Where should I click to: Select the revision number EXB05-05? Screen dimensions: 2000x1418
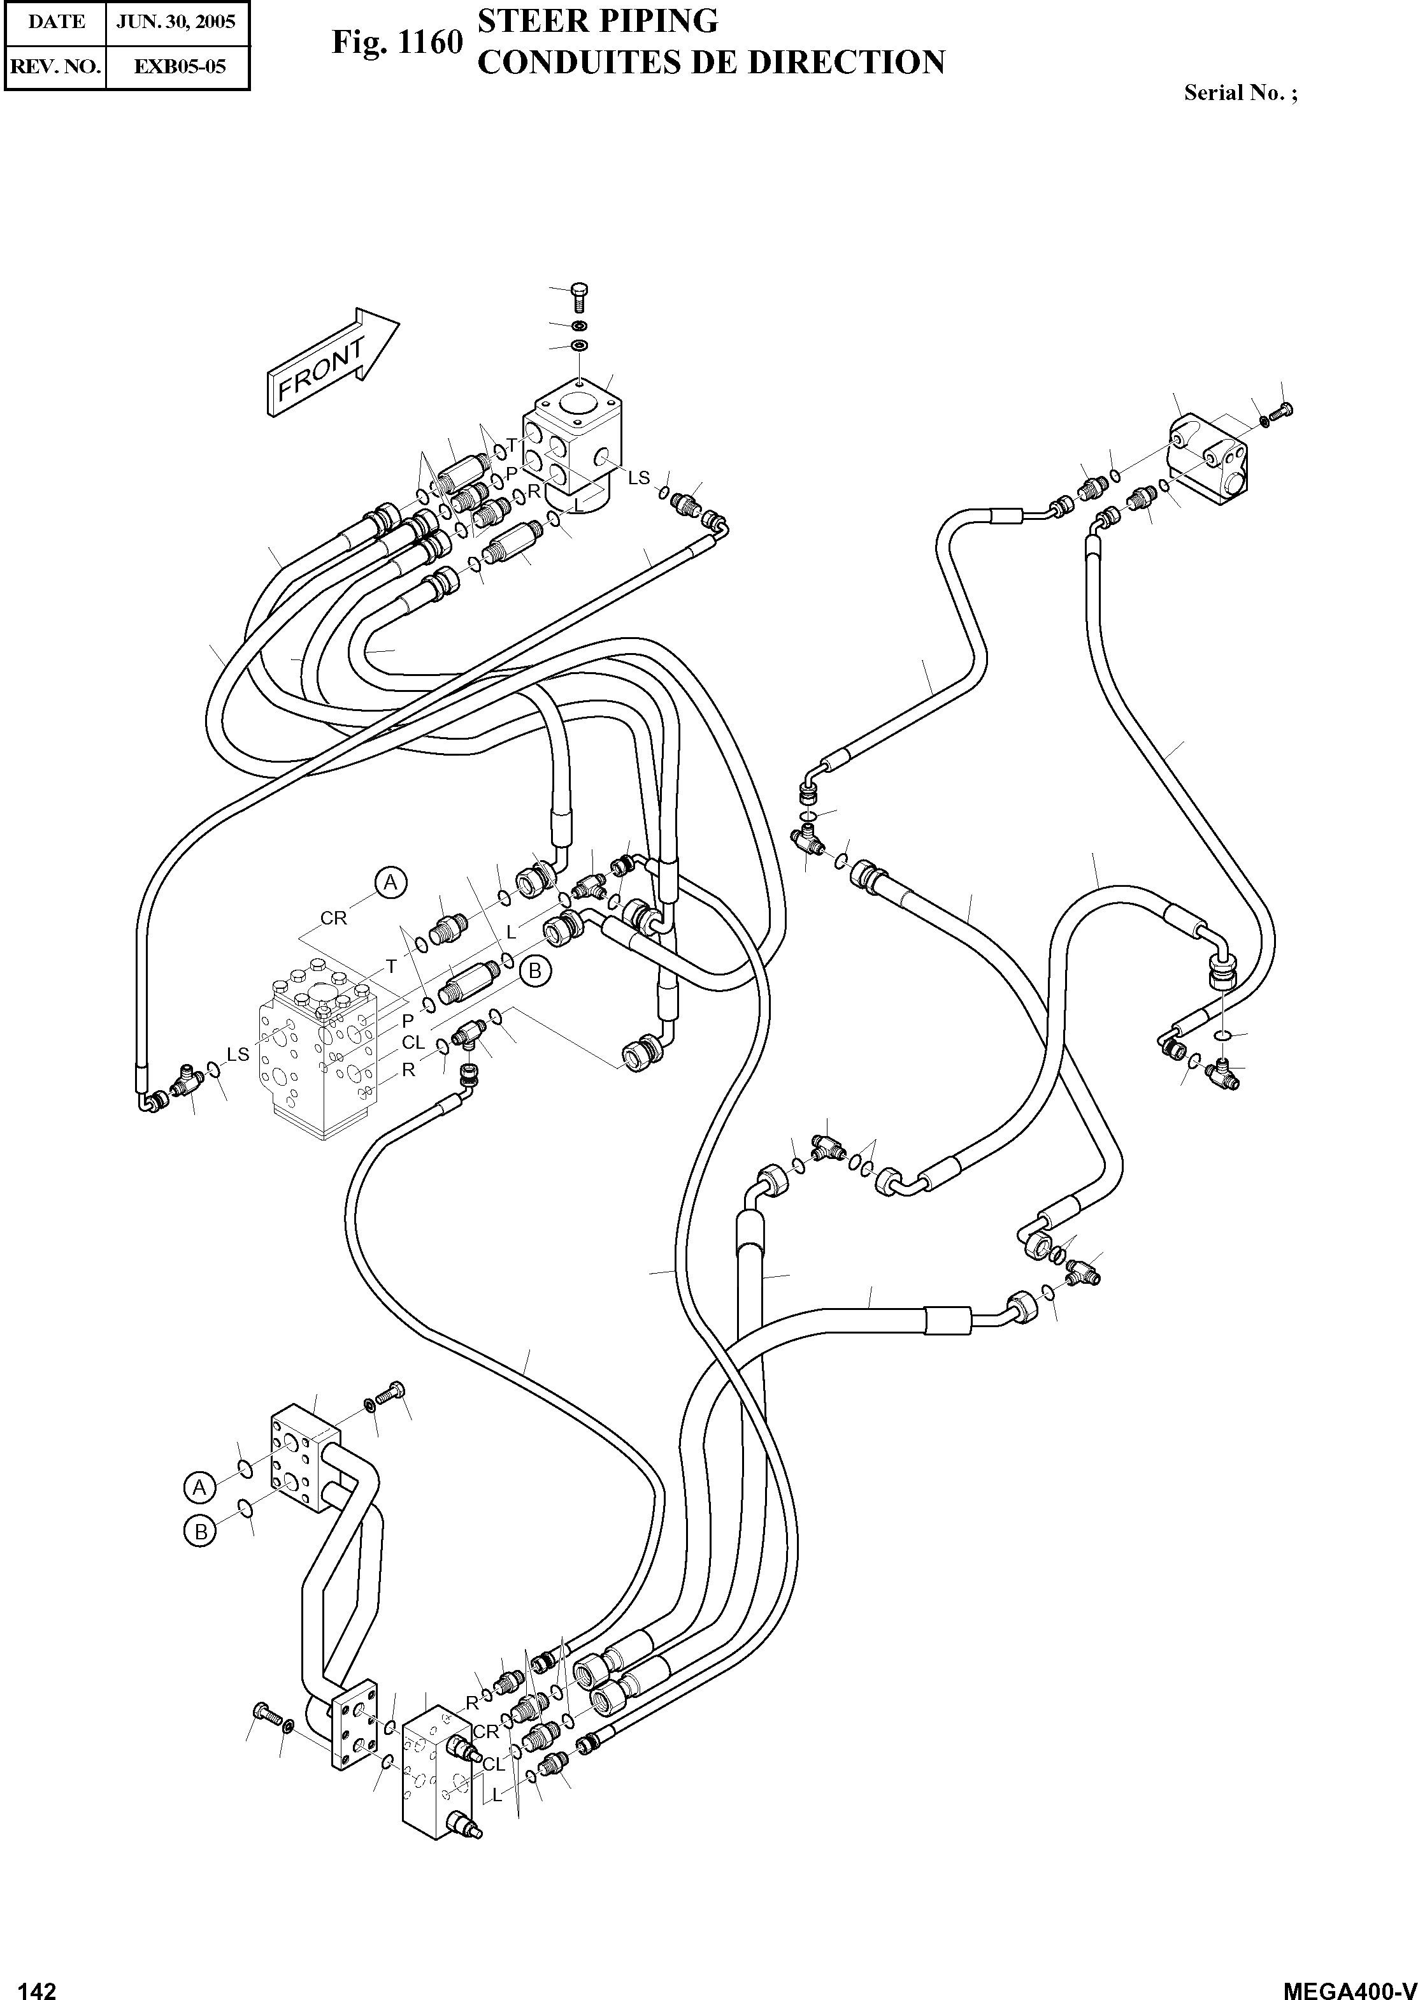[177, 66]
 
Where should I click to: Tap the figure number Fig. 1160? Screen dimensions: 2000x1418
[396, 42]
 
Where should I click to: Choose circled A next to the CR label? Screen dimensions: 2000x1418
[391, 883]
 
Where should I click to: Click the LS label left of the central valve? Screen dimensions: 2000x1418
[238, 1055]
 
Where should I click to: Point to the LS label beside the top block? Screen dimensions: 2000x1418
[639, 478]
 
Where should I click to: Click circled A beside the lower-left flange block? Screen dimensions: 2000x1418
[200, 1486]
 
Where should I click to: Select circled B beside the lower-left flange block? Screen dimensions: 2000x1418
[200, 1531]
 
